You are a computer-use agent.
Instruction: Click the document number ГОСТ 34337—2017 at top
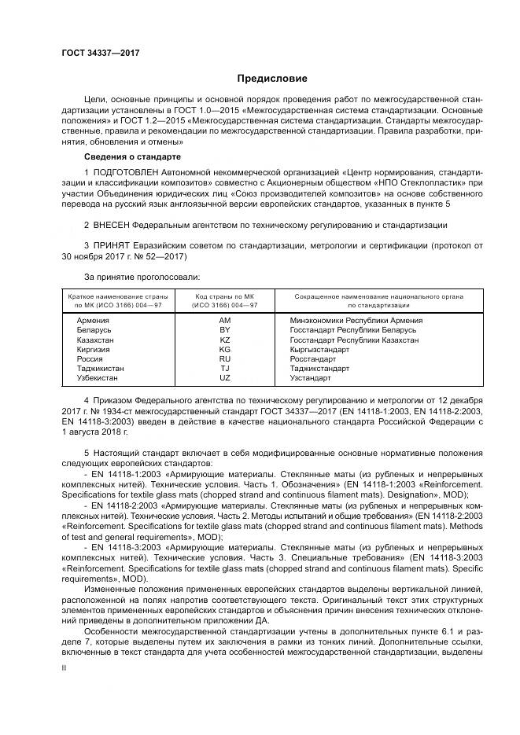click(x=98, y=53)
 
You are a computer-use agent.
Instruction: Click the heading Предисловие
click(x=272, y=79)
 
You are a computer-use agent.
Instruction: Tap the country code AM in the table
click(x=225, y=321)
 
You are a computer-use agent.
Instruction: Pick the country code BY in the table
click(x=225, y=330)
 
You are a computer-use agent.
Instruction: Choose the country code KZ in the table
click(x=225, y=340)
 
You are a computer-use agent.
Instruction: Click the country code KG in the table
click(x=225, y=349)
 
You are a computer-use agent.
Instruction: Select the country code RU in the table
click(x=225, y=358)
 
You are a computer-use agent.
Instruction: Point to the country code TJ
click(x=225, y=368)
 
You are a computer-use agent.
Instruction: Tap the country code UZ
click(x=225, y=377)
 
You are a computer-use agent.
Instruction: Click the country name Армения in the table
click(x=93, y=321)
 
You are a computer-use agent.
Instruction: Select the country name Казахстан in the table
click(x=95, y=340)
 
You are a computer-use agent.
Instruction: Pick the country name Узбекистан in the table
click(x=98, y=377)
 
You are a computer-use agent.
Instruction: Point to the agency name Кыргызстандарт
click(x=320, y=349)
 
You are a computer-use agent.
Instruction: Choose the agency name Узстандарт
click(x=311, y=377)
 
